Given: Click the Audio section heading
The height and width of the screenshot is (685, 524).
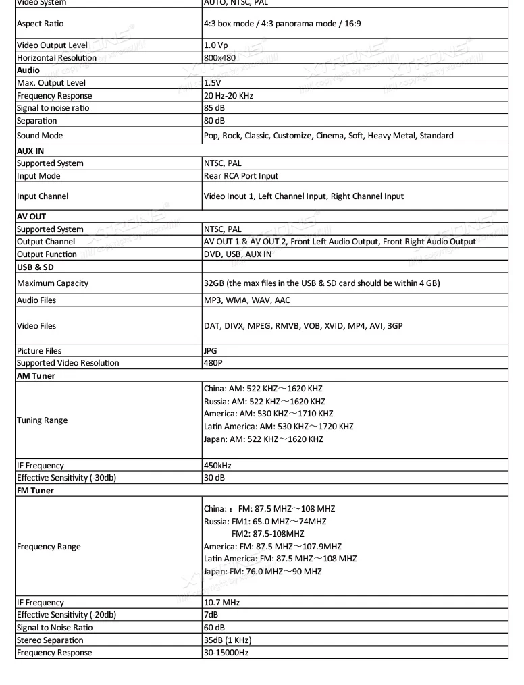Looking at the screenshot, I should pos(28,70).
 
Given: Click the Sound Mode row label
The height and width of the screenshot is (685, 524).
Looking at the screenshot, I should pos(40,136).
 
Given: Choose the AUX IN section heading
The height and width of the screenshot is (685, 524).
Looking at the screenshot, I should pos(30,151).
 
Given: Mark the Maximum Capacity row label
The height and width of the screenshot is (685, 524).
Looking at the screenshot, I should pos(52,283).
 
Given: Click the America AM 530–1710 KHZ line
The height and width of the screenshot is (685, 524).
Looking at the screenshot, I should pos(268,414).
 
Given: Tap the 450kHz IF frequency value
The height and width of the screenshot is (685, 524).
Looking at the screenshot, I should pos(219,466).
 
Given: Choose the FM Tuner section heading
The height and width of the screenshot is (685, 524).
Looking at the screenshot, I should pos(34,491).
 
